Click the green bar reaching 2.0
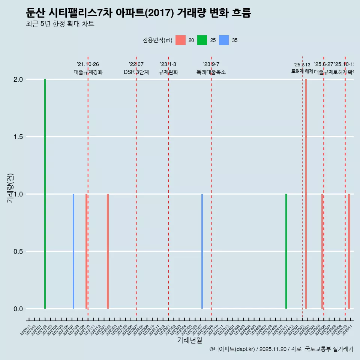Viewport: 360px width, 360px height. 45,194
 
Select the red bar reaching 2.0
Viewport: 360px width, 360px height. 306,194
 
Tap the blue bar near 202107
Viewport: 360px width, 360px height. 73,251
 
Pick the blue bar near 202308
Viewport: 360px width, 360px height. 202,251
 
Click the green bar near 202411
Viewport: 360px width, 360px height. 286,251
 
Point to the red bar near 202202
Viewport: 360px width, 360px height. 108,251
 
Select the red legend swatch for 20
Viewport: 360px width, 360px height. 180,40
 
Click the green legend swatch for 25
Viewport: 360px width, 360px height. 202,40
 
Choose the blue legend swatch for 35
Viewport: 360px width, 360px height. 224,40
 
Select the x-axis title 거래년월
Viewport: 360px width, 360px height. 189,340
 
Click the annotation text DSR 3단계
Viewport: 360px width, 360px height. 136,72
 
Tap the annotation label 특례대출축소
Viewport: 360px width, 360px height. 211,72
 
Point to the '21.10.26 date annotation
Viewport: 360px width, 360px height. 88,64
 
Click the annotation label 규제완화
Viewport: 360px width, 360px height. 168,72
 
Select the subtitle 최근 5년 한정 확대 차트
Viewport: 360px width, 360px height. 60,24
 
